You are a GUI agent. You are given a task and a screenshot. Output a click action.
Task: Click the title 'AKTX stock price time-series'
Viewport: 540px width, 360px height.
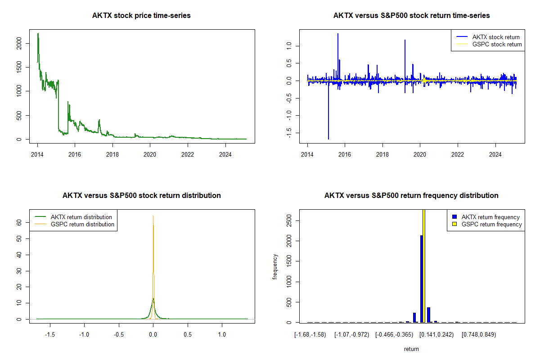click(141, 15)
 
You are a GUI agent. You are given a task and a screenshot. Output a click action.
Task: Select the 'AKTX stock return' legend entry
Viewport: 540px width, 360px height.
click(488, 37)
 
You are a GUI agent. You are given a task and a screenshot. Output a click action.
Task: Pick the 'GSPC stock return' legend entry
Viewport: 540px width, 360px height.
click(489, 44)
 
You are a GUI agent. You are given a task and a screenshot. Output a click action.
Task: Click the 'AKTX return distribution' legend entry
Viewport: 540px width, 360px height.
click(73, 217)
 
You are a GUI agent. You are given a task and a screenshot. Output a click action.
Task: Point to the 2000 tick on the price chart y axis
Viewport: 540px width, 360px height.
click(19, 43)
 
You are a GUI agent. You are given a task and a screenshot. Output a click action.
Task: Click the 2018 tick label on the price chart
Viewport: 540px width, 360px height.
click(112, 154)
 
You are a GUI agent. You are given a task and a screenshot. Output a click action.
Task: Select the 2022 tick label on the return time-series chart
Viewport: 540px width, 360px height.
click(458, 154)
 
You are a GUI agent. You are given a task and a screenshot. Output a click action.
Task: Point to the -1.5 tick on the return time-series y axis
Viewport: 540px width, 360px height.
click(289, 133)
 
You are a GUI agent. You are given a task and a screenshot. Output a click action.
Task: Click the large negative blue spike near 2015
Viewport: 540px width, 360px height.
click(328, 110)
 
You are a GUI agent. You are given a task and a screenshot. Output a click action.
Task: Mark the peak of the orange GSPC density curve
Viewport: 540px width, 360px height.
click(153, 216)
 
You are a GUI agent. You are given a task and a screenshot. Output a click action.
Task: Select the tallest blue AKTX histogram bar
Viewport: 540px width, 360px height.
click(421, 279)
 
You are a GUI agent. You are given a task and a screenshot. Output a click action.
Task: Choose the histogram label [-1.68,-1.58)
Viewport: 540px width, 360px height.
click(310, 335)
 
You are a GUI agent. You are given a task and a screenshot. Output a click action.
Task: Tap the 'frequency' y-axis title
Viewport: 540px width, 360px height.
click(275, 266)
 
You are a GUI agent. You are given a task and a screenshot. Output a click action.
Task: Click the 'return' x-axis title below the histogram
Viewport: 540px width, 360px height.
click(411, 349)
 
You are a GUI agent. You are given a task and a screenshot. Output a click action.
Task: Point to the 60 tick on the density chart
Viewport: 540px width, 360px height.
click(19, 222)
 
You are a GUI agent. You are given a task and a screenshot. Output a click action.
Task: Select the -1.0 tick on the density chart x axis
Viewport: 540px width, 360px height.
click(84, 334)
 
